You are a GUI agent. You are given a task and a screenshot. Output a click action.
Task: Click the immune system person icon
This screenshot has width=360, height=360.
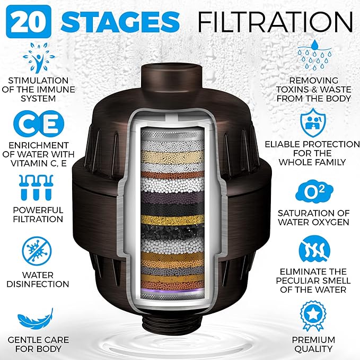pos(38,58)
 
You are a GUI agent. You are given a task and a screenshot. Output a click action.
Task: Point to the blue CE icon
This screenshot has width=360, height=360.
pos(38,122)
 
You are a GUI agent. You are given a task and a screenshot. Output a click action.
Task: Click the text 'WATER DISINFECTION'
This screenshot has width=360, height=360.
pos(38,279)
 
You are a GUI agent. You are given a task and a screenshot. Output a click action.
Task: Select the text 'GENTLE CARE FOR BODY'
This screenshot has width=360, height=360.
pos(38,344)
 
